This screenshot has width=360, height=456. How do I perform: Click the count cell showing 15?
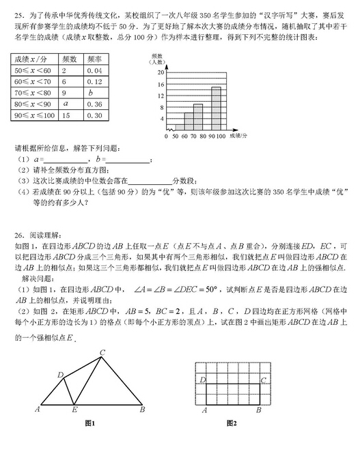pos(66,115)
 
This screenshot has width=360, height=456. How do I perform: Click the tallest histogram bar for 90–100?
pos(216,108)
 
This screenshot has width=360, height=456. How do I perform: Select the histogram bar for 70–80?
pos(197,117)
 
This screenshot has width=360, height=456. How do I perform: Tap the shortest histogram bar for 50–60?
pos(180,127)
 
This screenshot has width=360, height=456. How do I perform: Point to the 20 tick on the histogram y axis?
pos(161,71)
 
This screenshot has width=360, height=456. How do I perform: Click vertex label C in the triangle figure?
pos(102,352)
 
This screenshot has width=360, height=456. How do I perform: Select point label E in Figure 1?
pos(74,411)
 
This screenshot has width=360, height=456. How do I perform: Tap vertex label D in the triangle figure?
pos(60,375)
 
